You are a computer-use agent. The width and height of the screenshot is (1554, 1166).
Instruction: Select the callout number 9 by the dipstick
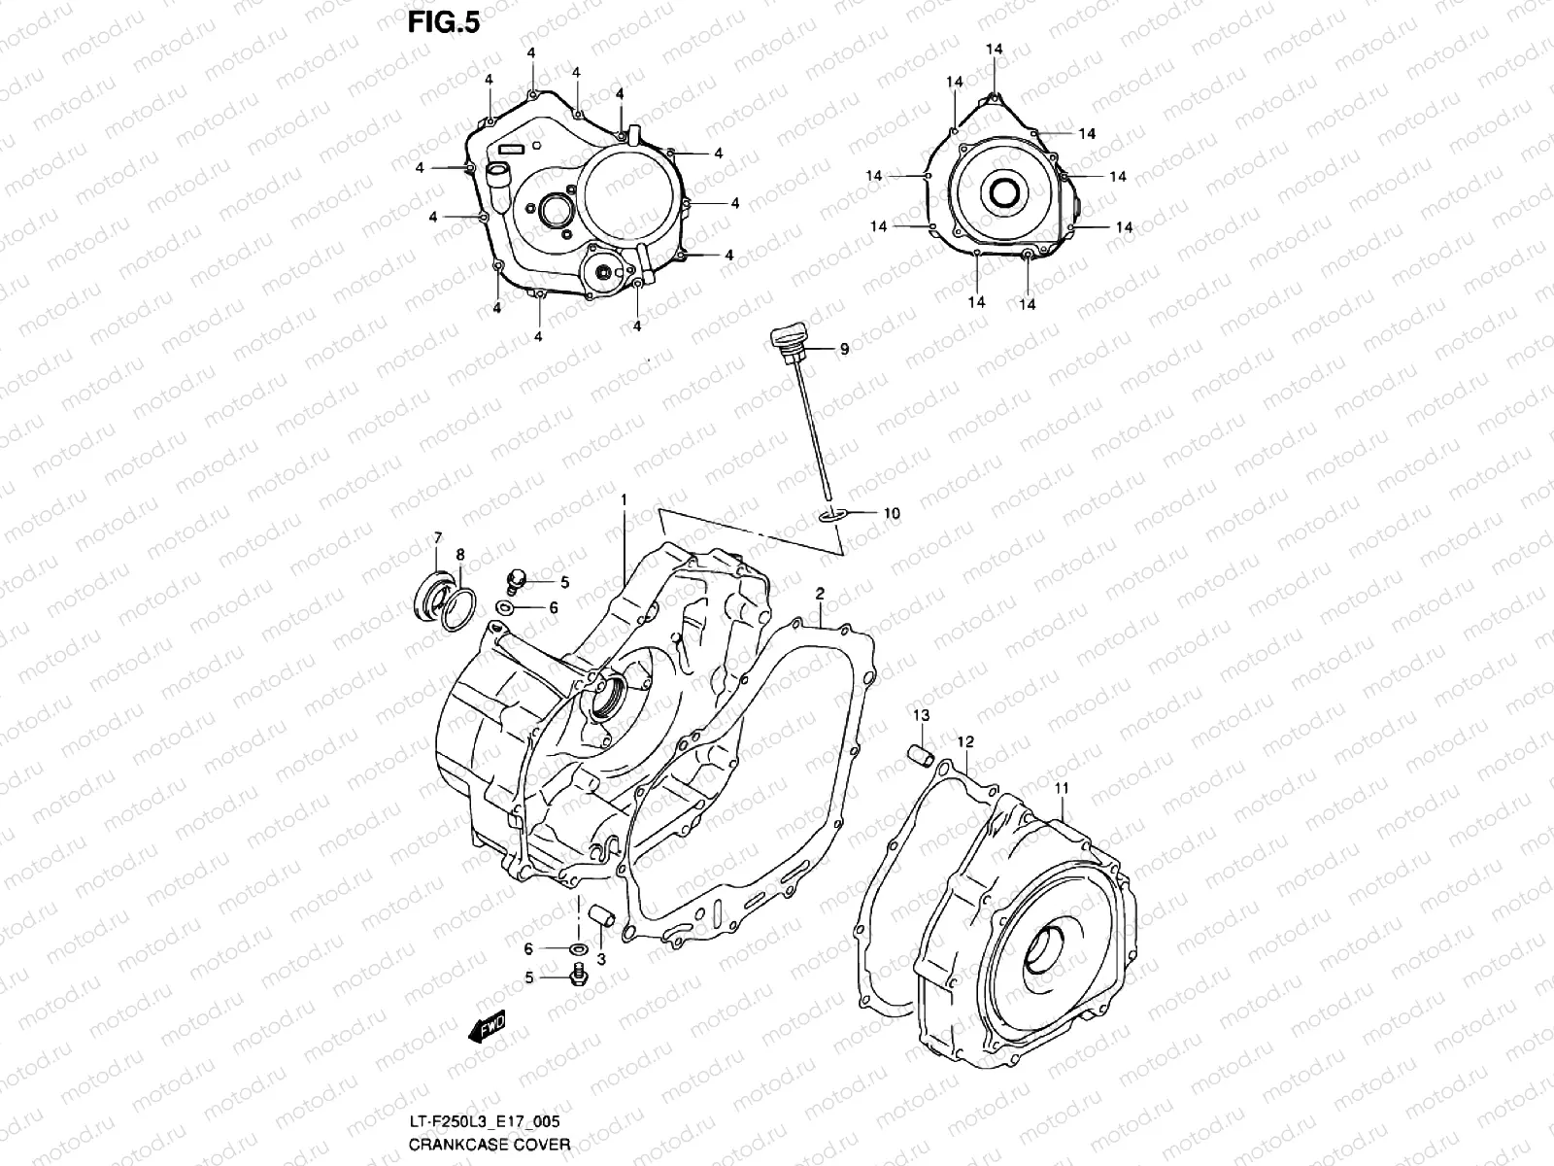click(844, 349)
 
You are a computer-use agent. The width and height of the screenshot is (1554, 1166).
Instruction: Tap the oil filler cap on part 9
click(786, 339)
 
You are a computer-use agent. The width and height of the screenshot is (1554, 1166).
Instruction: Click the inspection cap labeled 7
click(431, 594)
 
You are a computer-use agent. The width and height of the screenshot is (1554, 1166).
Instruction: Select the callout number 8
click(460, 554)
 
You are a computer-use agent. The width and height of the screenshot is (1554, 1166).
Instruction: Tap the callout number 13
click(920, 715)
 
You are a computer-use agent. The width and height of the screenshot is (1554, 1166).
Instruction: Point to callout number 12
click(964, 741)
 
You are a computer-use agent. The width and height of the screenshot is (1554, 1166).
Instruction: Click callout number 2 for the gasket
click(820, 592)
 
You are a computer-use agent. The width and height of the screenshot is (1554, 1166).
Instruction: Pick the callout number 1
click(624, 499)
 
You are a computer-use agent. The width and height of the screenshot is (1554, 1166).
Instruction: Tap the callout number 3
click(601, 959)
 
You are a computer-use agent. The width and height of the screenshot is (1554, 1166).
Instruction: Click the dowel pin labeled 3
click(598, 916)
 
